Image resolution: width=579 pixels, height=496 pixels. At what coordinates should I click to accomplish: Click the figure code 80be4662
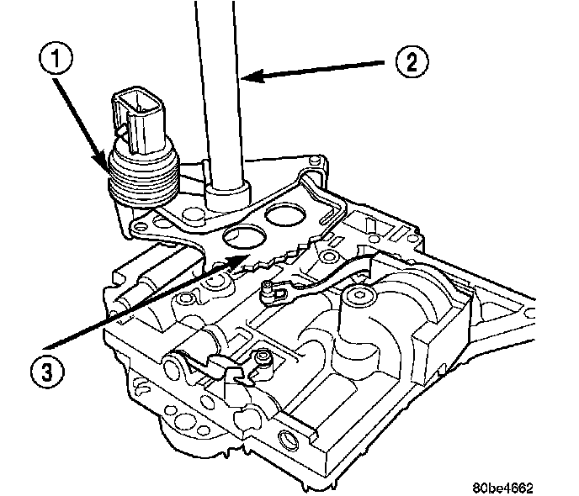tap(502, 487)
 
